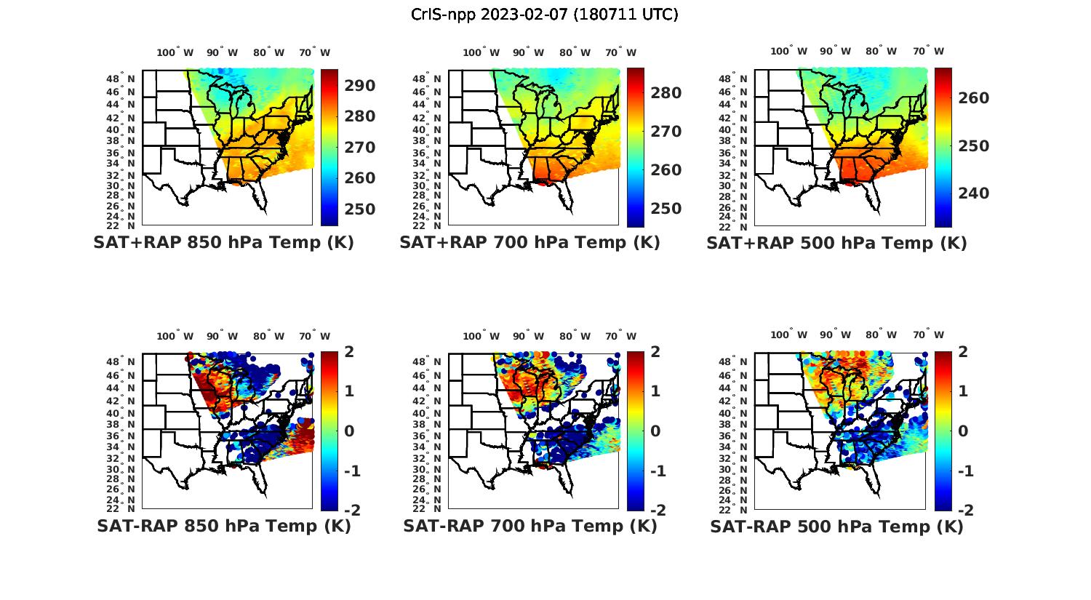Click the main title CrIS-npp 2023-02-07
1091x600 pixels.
click(x=545, y=15)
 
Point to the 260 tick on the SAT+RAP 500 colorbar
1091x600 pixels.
click(x=974, y=98)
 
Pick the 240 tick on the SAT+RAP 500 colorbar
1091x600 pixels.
click(x=974, y=193)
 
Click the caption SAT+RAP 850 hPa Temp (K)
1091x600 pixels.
click(x=223, y=243)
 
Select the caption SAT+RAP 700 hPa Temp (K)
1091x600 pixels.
click(x=529, y=243)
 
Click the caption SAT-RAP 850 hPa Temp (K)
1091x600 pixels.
click(x=223, y=527)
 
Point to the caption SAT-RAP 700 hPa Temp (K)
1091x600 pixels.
click(x=529, y=527)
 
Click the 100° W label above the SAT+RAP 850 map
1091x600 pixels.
click(x=175, y=52)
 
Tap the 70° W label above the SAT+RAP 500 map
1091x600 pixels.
click(x=928, y=51)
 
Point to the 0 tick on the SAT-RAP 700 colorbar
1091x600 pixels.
click(x=655, y=431)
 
